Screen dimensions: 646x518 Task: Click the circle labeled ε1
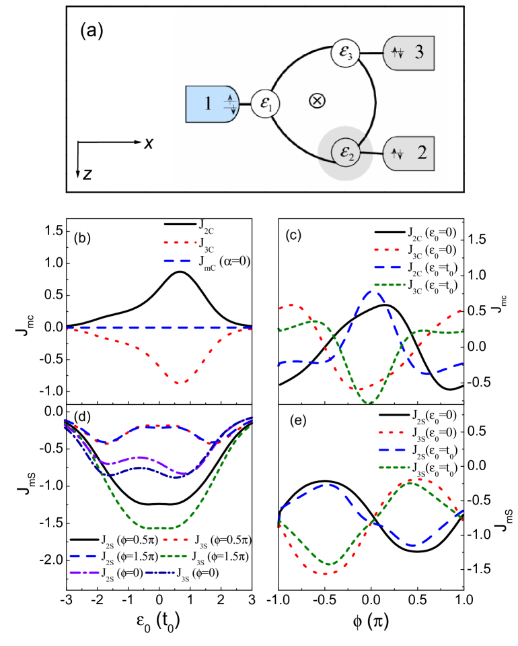point(266,104)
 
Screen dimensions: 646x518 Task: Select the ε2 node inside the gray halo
point(345,154)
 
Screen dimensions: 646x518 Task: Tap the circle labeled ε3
point(346,53)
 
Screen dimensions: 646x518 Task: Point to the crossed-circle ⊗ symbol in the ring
point(317,101)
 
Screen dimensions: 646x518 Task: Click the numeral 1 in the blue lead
point(208,104)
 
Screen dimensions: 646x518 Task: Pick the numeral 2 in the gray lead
point(422,152)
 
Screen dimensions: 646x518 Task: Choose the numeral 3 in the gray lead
point(419,53)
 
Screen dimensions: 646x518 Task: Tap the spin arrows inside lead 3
point(397,53)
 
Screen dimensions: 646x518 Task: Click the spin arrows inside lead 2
point(397,154)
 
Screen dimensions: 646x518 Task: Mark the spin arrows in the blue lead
point(229,104)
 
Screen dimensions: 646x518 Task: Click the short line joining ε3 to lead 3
point(371,53)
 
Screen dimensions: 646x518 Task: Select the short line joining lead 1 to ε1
point(244,104)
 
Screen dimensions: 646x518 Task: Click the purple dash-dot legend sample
point(85,573)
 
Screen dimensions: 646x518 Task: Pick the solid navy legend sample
point(160,573)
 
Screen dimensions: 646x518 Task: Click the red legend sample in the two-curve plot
point(180,242)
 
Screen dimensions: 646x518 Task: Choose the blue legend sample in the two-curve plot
point(177,261)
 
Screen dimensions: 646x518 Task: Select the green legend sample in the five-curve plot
point(174,556)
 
